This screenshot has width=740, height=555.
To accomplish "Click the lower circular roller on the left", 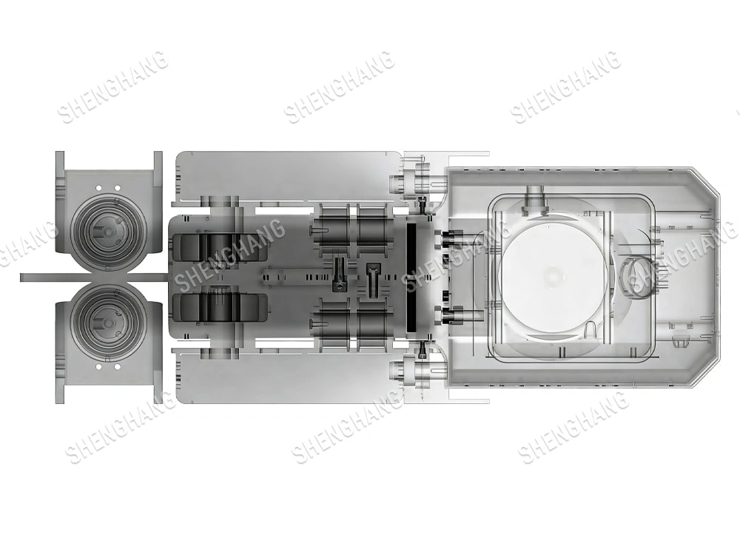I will pyautogui.click(x=108, y=323).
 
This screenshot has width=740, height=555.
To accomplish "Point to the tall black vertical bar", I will pyautogui.click(x=411, y=268).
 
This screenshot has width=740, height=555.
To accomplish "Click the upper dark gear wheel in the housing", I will pyautogui.click(x=219, y=247).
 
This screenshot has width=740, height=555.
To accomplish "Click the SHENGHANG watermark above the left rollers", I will pyautogui.click(x=112, y=87).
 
